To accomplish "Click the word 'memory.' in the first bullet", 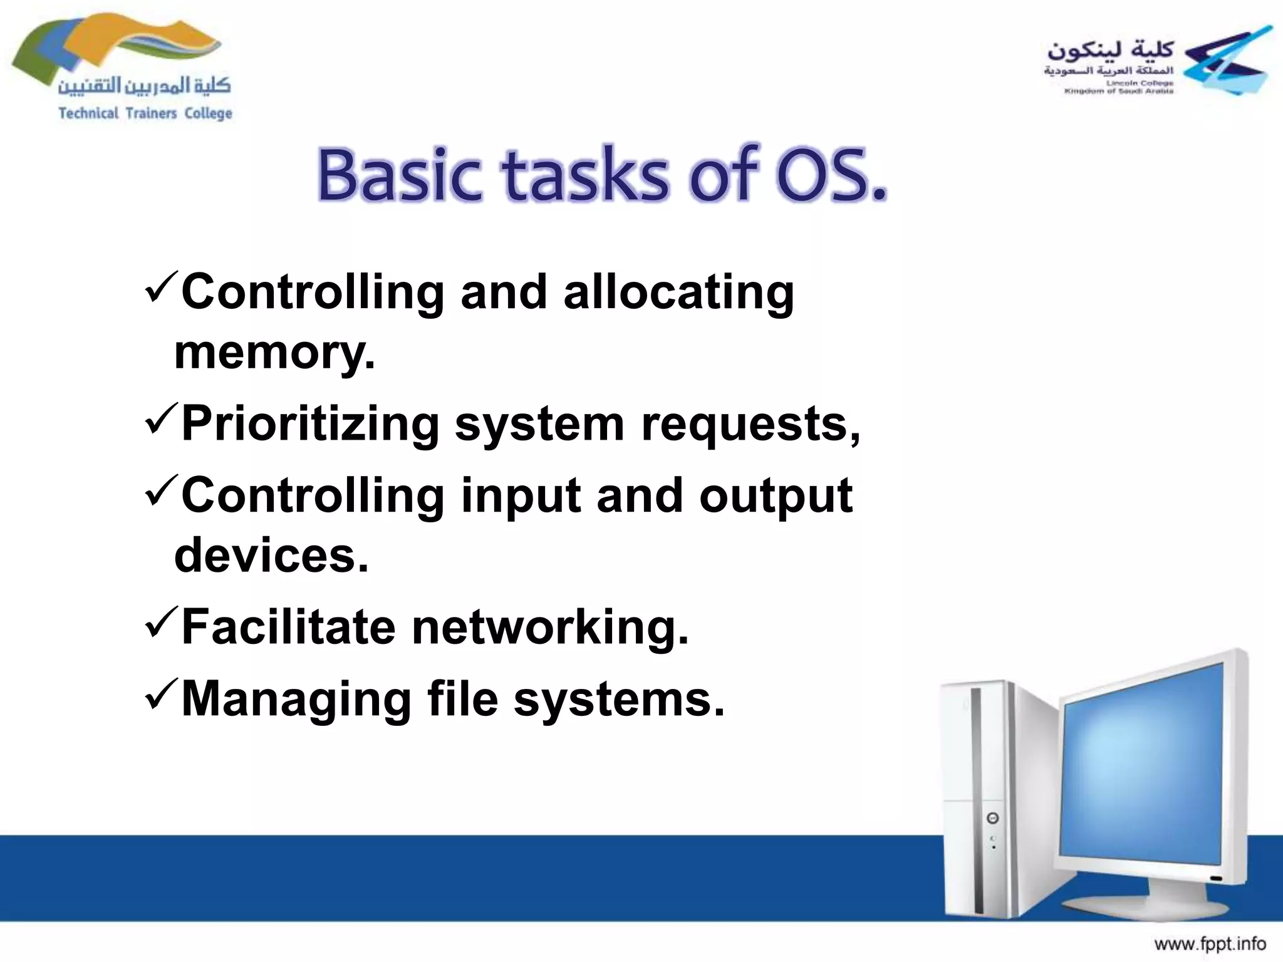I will pyautogui.click(x=274, y=353).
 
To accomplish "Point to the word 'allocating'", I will pyautogui.click(x=678, y=292).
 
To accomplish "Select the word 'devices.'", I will pyautogui.click(x=271, y=556).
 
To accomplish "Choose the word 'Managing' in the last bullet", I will pyautogui.click(x=296, y=700).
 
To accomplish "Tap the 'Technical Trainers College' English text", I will pyautogui.click(x=145, y=113).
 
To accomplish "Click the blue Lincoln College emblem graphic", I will pyautogui.click(x=1228, y=63).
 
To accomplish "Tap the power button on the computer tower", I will pyautogui.click(x=992, y=818).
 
